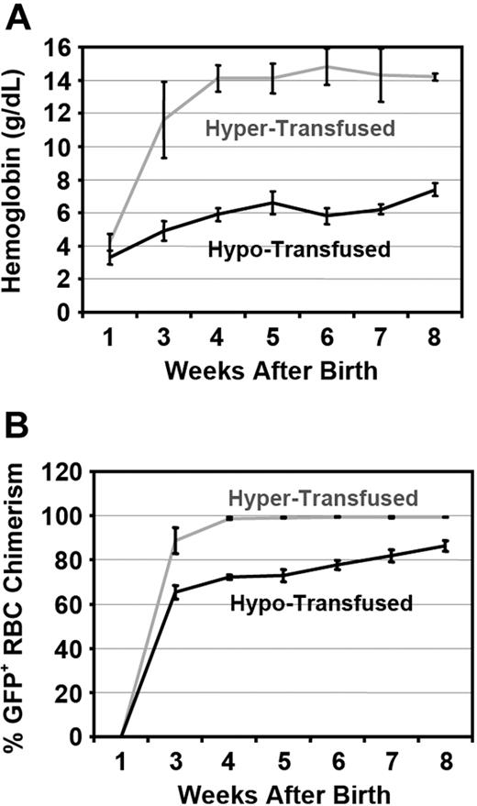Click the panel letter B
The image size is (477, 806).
coord(20,430)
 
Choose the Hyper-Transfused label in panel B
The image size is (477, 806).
coord(336,498)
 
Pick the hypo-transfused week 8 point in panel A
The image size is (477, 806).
coord(435,190)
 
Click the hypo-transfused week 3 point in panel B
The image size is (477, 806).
coord(175,591)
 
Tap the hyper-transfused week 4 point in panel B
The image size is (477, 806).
coord(229,518)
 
